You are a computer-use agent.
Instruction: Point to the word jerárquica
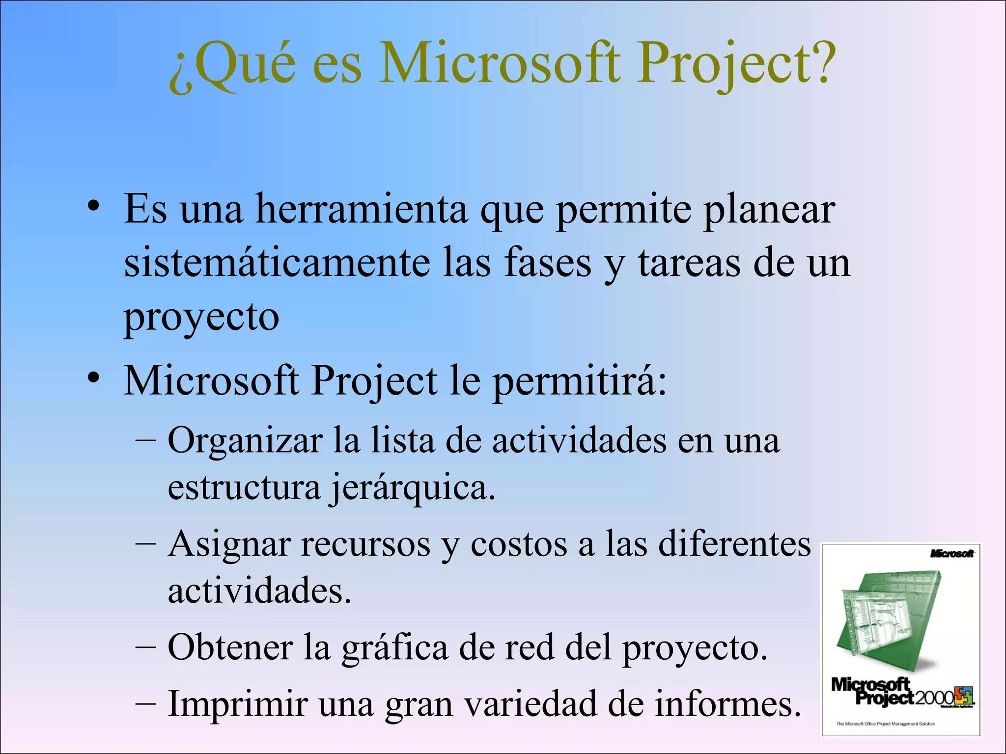(412, 489)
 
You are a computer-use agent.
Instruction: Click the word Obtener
(230, 648)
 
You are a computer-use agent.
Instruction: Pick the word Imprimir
(237, 705)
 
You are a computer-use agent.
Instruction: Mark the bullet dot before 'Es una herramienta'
(94, 206)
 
